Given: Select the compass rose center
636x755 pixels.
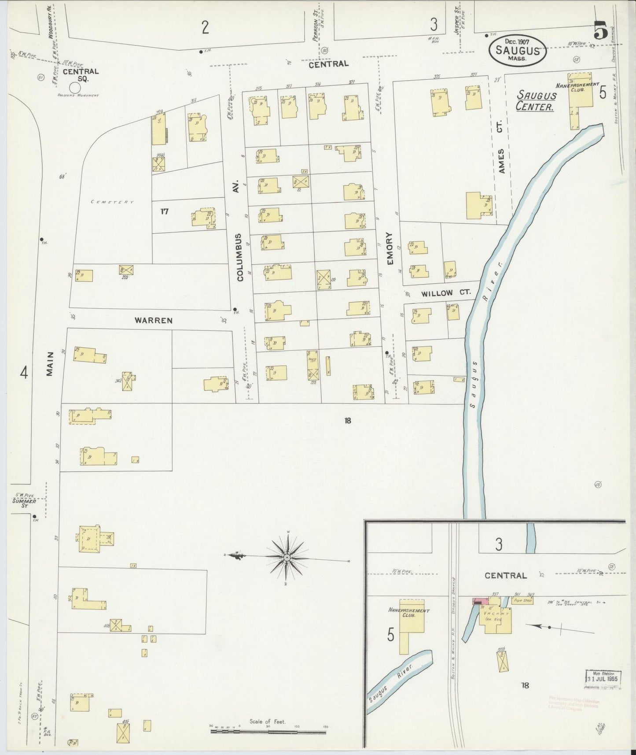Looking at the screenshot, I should pos(287,558).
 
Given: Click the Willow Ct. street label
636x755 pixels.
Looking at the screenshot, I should pos(443,293).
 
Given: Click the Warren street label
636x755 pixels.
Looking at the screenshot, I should pos(154,320).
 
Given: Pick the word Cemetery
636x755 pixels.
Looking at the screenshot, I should pos(112,202).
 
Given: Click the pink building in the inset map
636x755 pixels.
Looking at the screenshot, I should pos(479,601).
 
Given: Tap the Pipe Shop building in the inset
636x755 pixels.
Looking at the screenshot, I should pos(523,600).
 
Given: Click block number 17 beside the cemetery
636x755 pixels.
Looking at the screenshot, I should pos(164,211).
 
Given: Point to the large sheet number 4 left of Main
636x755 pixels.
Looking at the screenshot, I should pos(24,374).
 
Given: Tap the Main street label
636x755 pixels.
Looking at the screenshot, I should pos(50,363).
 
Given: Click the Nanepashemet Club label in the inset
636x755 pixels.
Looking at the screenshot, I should pos(409,613).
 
